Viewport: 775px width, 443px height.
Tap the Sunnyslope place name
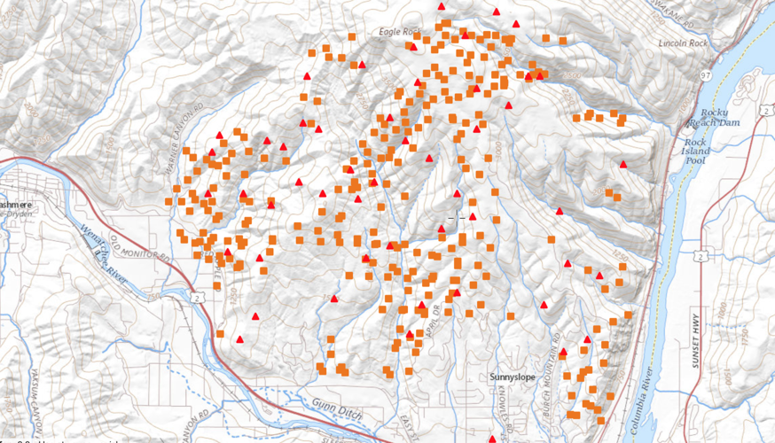click(513, 377)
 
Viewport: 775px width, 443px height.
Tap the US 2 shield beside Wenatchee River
click(202, 299)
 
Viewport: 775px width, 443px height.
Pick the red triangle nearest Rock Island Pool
click(623, 164)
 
